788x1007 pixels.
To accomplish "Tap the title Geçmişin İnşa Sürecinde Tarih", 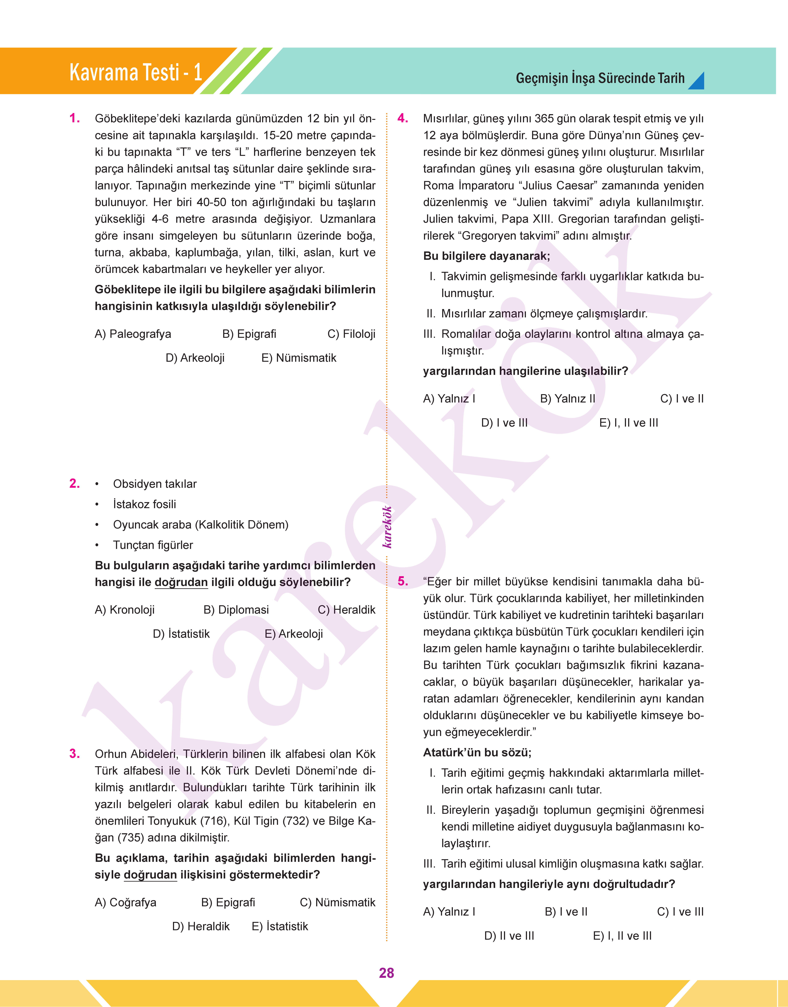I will coord(600,78).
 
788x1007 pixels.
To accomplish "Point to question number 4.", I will coord(403,119).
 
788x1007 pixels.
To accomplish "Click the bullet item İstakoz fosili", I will coord(144,504).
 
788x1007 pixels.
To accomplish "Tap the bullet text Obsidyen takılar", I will coord(155,484).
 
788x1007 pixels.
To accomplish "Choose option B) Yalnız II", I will coord(567,399).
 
